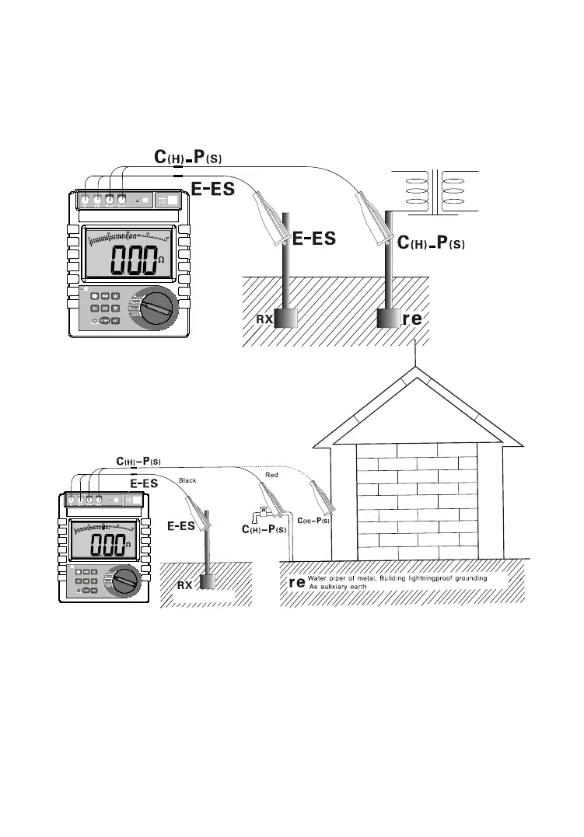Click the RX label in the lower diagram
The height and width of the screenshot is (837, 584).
(184, 585)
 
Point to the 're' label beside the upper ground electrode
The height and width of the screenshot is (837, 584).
(412, 319)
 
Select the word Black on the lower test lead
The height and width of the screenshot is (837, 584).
(187, 481)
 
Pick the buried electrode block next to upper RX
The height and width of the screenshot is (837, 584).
(286, 319)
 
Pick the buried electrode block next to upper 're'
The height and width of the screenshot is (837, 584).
(388, 319)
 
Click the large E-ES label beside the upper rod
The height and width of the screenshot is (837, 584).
(314, 239)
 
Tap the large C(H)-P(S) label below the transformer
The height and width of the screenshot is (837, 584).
(431, 243)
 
